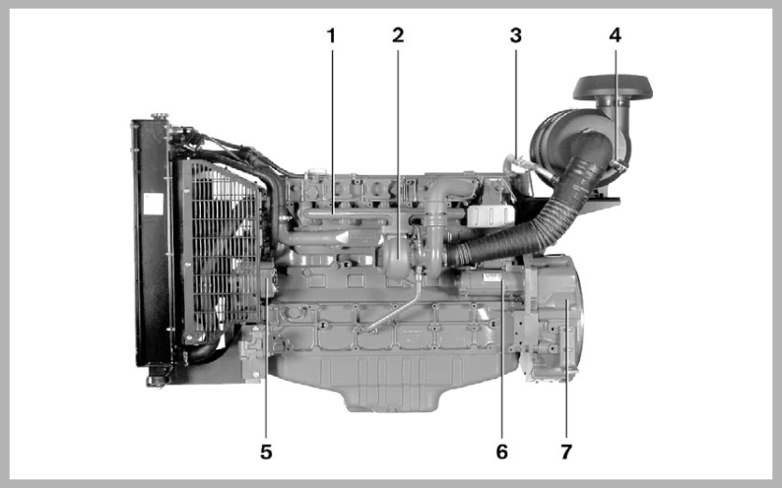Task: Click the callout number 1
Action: point(331,35)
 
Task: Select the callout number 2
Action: point(398,35)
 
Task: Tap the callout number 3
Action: point(515,35)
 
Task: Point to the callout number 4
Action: point(616,35)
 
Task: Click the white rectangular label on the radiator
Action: point(152,204)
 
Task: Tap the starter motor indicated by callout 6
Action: point(483,285)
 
